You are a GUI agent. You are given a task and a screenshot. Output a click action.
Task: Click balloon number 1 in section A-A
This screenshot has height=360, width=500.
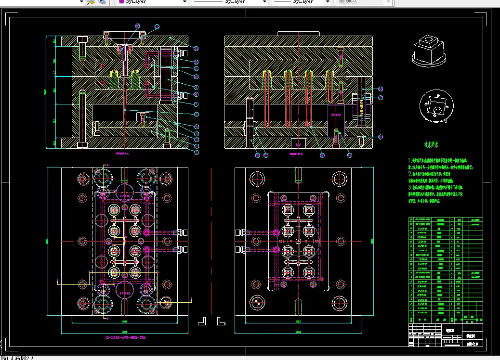(x=197, y=153)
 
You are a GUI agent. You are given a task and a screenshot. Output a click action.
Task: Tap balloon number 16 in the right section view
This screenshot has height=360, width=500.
(x=381, y=89)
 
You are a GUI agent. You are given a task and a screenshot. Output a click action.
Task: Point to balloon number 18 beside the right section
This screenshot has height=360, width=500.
(x=381, y=137)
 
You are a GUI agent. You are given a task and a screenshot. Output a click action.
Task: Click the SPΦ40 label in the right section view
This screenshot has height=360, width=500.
(x=335, y=116)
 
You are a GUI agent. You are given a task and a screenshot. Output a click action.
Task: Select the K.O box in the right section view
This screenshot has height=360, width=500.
(x=298, y=143)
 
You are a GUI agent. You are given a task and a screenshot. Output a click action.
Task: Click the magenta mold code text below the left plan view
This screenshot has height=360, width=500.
(x=125, y=338)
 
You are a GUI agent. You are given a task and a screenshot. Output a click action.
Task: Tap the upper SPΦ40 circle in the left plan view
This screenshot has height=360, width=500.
(x=125, y=196)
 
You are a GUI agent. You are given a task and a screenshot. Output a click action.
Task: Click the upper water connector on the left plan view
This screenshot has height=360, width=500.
(x=181, y=232)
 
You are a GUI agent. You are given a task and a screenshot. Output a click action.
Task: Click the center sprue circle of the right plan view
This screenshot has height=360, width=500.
(x=299, y=241)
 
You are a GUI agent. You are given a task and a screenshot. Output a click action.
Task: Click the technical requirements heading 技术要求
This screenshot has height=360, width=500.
(x=431, y=144)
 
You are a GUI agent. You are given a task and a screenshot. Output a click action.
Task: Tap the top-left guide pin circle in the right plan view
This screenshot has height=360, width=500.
(x=256, y=179)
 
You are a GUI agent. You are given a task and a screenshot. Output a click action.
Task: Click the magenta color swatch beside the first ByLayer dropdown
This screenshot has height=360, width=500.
(x=122, y=2)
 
